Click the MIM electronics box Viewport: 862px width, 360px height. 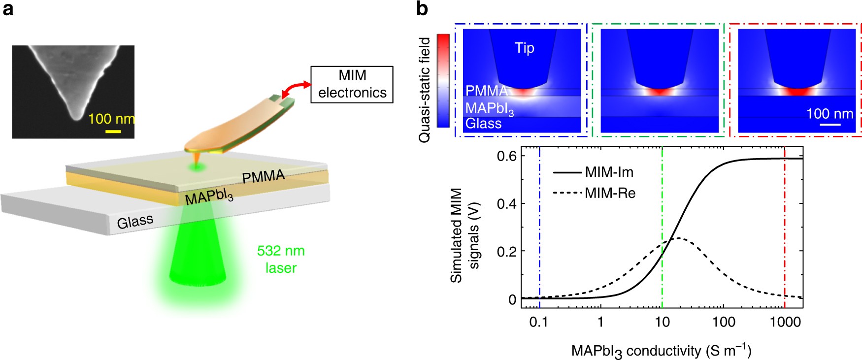[x=352, y=84]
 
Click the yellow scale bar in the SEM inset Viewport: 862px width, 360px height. [x=113, y=131]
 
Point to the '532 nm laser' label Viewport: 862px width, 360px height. [x=281, y=259]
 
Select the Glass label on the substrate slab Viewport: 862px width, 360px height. [x=135, y=221]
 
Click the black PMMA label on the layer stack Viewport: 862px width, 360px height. [x=264, y=176]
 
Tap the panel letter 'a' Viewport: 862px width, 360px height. [x=8, y=9]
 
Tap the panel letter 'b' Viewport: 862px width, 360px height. [x=422, y=8]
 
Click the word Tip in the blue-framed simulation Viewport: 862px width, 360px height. [x=524, y=48]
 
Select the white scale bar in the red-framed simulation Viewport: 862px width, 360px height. [x=830, y=125]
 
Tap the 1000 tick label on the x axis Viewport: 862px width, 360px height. [x=785, y=322]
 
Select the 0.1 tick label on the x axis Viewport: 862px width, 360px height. [x=539, y=322]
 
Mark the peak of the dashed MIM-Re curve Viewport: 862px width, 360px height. [x=679, y=238]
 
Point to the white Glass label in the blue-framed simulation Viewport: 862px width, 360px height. [x=483, y=123]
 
